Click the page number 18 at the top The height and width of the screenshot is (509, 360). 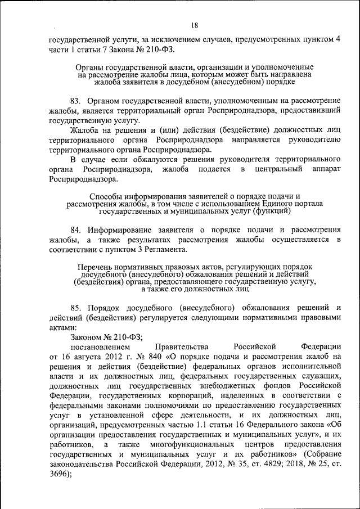click(194, 25)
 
